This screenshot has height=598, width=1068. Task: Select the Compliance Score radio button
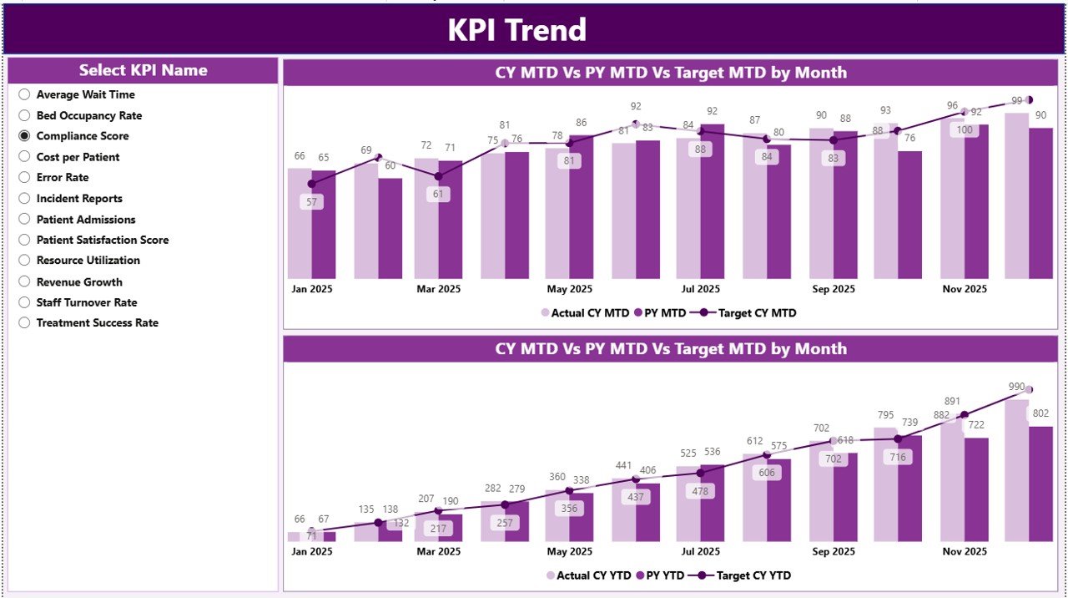[x=24, y=135]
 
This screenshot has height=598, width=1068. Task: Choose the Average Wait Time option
[x=24, y=94]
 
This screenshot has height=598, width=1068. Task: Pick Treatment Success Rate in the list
[x=24, y=322]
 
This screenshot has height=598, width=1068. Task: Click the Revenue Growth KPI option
[x=24, y=281]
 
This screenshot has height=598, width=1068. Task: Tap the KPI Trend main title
[x=516, y=30]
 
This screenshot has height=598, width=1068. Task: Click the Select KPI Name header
[x=143, y=70]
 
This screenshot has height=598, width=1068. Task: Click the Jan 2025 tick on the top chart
[x=312, y=289]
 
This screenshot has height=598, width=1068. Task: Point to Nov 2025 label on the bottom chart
[x=965, y=551]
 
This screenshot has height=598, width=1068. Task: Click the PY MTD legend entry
[x=660, y=313]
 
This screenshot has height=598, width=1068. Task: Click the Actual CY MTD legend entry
[x=585, y=313]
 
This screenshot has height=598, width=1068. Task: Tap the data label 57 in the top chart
[x=312, y=202]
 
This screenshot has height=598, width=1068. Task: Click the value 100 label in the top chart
[x=965, y=129]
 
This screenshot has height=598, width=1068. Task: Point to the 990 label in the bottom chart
[x=1016, y=387]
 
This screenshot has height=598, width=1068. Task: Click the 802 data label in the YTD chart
[x=1040, y=413]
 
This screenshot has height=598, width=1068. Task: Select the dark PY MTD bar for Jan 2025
[x=324, y=226]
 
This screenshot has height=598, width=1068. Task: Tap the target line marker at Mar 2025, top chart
[x=438, y=176]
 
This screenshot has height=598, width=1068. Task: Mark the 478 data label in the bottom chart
[x=700, y=491]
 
